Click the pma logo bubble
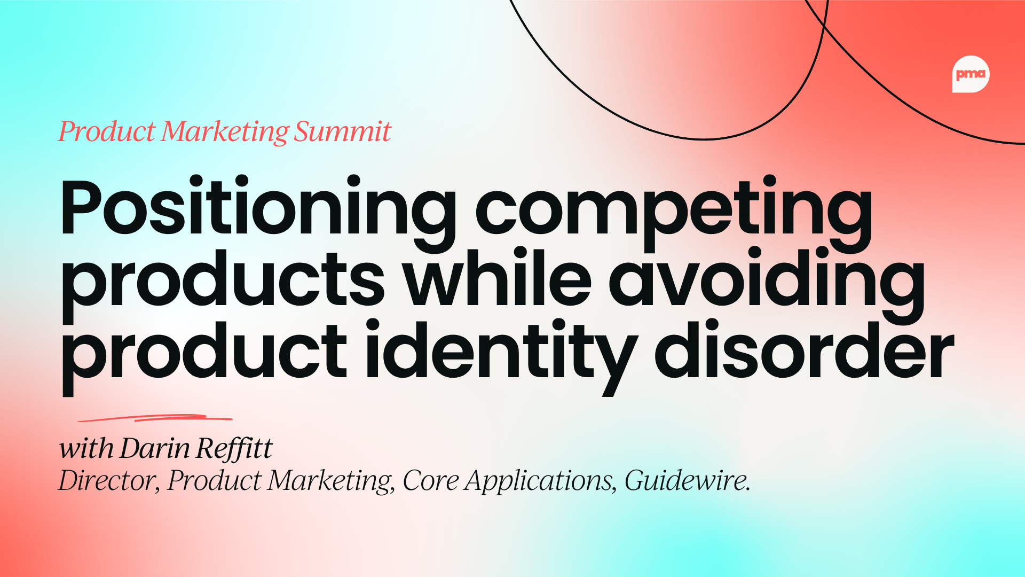coord(971,74)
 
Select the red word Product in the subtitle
coord(106,131)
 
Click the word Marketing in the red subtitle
coord(224,132)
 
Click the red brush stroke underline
coord(155,418)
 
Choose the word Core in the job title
coord(430,480)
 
